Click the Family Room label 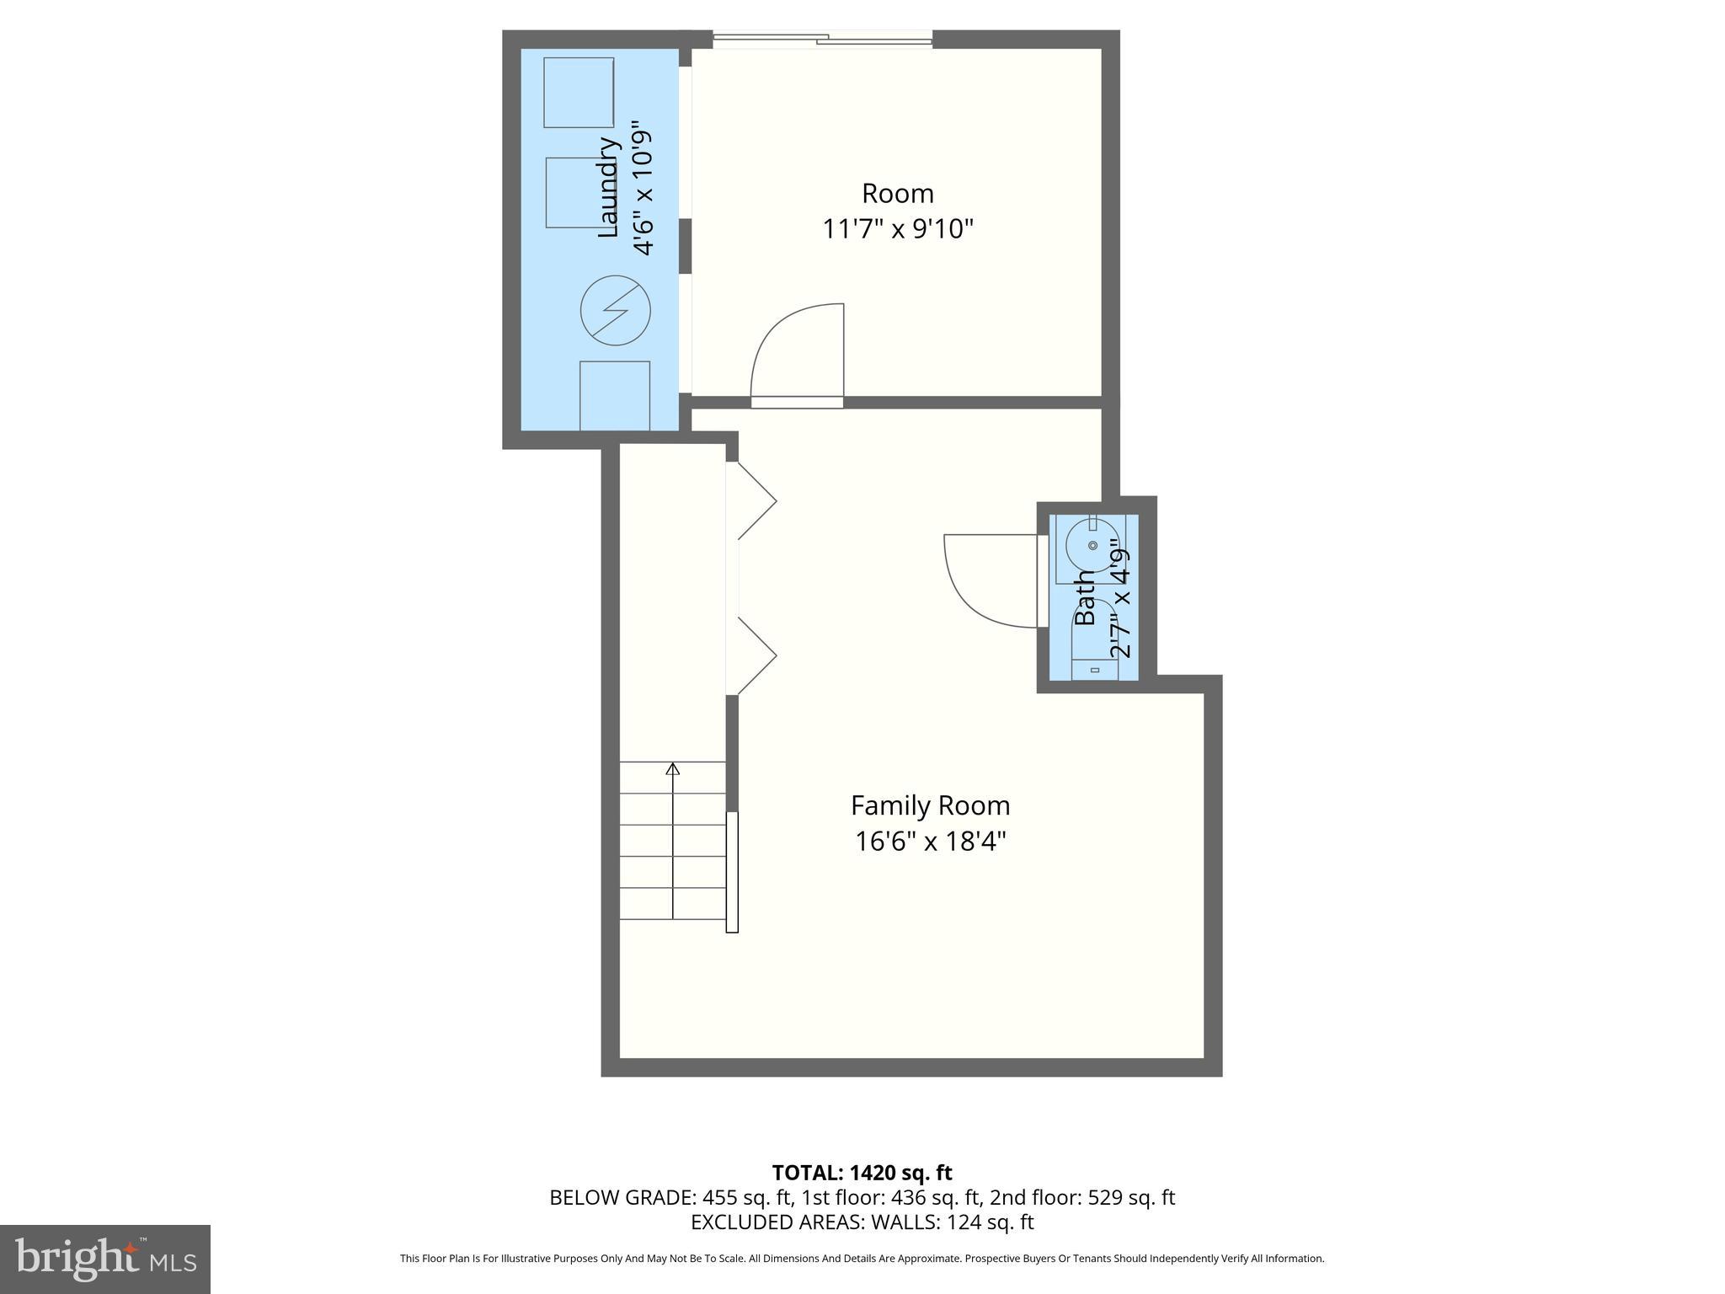pos(930,805)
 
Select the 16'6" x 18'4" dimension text pos(930,842)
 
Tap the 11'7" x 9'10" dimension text pos(898,228)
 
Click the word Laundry pos(608,187)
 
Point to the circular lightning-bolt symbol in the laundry pos(616,310)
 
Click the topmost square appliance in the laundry pos(578,93)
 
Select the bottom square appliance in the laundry pos(615,396)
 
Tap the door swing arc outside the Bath pos(981,590)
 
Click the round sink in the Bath pos(1092,546)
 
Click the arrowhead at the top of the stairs pos(672,768)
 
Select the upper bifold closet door pos(756,500)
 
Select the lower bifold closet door pos(756,655)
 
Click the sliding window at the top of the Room pos(823,39)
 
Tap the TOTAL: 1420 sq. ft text pos(862,1172)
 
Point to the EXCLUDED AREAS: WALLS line pos(862,1222)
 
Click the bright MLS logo pos(104,1259)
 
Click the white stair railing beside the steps pos(732,872)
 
